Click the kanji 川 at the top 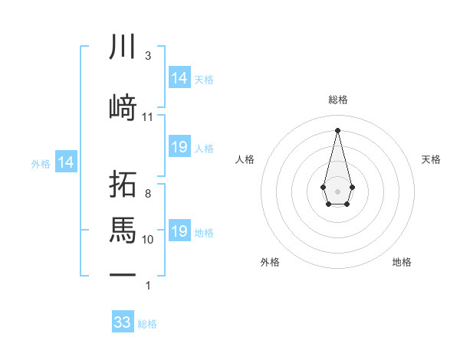click(123, 47)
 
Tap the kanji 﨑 click(123, 107)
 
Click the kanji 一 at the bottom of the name click(123, 273)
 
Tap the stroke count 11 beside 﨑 click(148, 117)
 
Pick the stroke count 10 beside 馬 click(148, 239)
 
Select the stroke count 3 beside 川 click(148, 56)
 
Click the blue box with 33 click(123, 322)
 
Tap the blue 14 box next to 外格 click(65, 162)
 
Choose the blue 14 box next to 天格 click(179, 78)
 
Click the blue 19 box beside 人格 click(179, 147)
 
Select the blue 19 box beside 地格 click(179, 231)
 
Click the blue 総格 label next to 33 click(147, 324)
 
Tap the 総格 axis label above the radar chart click(337, 100)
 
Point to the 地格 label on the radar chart click(402, 262)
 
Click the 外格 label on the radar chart click(270, 262)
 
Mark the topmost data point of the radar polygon click(337, 129)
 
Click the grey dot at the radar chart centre click(337, 190)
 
